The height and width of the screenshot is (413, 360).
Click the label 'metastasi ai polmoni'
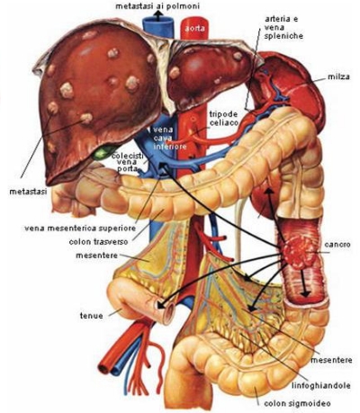point(157,5)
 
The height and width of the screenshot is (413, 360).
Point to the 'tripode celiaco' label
point(223,118)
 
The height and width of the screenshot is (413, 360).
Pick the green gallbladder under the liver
point(102,152)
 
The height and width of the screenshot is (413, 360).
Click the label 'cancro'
point(337,245)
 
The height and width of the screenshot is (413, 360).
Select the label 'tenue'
point(92,316)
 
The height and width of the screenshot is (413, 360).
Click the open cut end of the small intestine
point(166,312)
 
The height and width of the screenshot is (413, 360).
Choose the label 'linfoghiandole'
point(321,385)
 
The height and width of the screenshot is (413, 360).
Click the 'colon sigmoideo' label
point(297,403)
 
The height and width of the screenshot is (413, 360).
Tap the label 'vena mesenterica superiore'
point(80,229)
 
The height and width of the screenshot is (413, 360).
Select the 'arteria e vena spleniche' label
point(283,28)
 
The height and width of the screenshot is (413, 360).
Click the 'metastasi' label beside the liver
point(28,192)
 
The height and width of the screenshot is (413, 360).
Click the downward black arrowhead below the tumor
point(305,294)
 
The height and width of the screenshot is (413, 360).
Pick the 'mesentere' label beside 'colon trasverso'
point(96,256)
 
